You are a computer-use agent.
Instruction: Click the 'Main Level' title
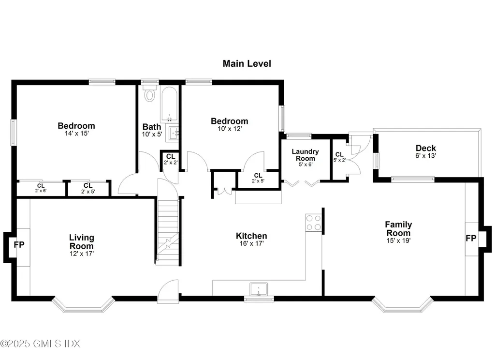pyautogui.click(x=247, y=63)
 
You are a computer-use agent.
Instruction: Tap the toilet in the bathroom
pyautogui.click(x=150, y=94)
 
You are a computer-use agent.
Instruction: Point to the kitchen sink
pyautogui.click(x=259, y=289)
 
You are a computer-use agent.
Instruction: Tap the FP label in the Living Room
pyautogui.click(x=19, y=245)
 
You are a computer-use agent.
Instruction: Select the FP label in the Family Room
pyautogui.click(x=471, y=239)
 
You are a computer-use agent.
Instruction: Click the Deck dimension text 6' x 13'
pyautogui.click(x=426, y=156)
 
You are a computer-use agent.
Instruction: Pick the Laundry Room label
pyautogui.click(x=305, y=155)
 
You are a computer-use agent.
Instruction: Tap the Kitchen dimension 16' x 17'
pyautogui.click(x=251, y=244)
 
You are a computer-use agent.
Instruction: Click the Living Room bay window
pyautogui.click(x=83, y=305)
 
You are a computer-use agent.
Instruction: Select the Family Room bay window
pyautogui.click(x=402, y=305)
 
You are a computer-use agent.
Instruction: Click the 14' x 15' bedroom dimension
pyautogui.click(x=76, y=134)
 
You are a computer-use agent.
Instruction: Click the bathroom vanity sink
pyautogui.click(x=173, y=133)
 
